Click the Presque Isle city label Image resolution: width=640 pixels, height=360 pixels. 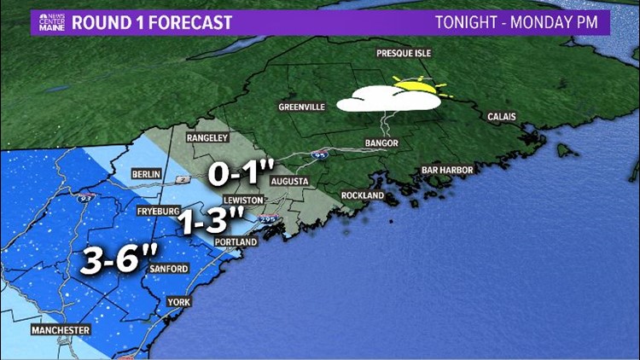[404, 54]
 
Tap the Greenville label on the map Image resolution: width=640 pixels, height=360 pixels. [302, 107]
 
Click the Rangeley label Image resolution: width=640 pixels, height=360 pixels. [209, 136]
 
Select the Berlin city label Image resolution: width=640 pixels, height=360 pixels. [147, 174]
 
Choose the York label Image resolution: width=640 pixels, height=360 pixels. [177, 302]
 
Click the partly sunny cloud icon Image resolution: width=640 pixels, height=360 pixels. [393, 96]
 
